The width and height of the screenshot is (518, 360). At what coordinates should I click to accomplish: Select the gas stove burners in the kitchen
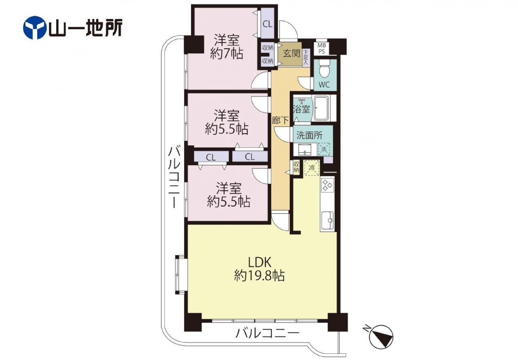[327, 185]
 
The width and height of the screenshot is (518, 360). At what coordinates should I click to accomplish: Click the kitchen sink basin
[327, 220]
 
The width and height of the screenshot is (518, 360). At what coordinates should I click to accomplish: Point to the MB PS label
[321, 49]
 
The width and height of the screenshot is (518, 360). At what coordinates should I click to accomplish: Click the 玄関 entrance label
[291, 54]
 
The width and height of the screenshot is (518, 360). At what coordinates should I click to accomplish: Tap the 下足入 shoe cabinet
[306, 58]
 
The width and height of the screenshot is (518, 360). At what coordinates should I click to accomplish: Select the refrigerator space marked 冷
[312, 168]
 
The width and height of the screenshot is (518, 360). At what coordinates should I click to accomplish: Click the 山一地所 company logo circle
[35, 28]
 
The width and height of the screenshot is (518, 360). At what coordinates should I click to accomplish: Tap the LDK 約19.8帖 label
[259, 269]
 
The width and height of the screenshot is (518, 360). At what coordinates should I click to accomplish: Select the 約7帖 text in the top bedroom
[227, 54]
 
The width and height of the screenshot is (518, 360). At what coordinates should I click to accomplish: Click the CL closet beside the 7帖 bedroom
[267, 24]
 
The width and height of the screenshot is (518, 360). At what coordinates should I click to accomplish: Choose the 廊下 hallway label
[280, 120]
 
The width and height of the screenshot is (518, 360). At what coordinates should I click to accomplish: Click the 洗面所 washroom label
[310, 135]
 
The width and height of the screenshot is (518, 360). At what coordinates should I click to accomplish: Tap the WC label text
[324, 85]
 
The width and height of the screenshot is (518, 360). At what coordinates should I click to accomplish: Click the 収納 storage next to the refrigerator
[296, 167]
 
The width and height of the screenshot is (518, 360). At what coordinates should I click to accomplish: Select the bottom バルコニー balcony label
[267, 333]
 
